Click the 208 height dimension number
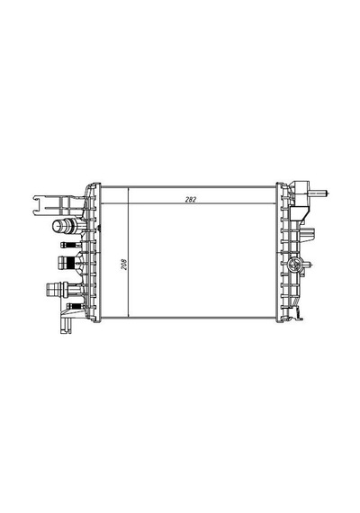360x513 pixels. (x=124, y=265)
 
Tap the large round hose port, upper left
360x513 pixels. (x=60, y=226)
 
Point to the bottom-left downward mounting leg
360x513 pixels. (x=66, y=325)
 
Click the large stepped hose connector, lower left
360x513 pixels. (x=58, y=290)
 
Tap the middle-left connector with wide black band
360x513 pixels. (x=68, y=263)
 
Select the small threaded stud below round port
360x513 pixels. (x=69, y=245)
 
